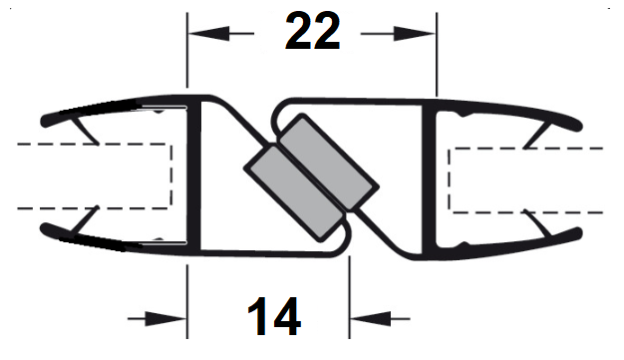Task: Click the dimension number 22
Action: (313, 31)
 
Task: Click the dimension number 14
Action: (274, 316)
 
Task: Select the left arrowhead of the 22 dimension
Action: (209, 34)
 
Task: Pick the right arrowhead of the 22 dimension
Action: (415, 34)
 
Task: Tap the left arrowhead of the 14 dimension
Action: (165, 318)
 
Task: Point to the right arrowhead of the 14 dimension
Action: (371, 318)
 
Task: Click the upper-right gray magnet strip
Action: (329, 163)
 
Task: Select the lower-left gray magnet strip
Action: (294, 193)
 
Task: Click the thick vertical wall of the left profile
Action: (193, 177)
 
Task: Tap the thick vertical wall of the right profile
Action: (429, 180)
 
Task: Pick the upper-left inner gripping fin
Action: (86, 131)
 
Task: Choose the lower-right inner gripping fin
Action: (537, 222)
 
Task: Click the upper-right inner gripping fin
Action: (537, 137)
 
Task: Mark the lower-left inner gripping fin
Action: (85, 219)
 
